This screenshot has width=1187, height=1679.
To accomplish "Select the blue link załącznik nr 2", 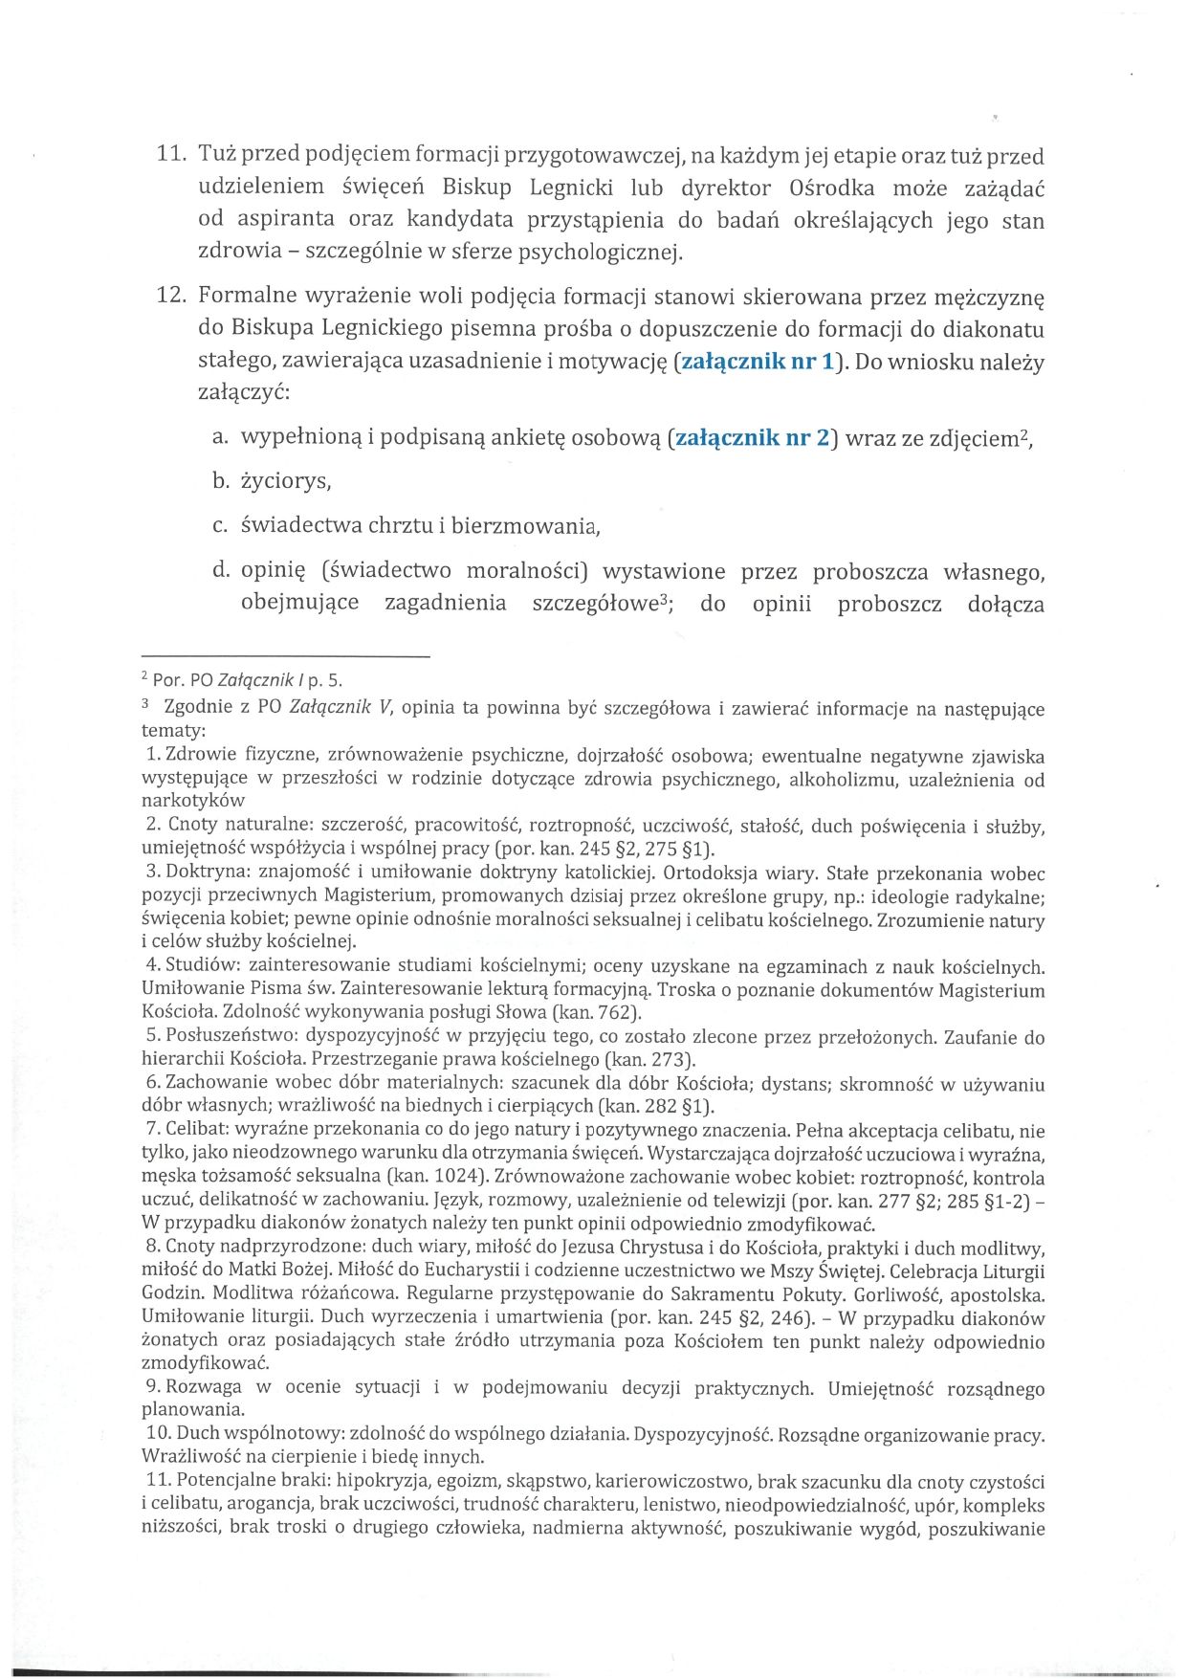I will pyautogui.click(x=753, y=439).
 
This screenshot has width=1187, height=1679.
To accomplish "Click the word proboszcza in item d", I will pyautogui.click(x=870, y=572).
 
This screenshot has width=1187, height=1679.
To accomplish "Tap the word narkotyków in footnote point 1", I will pyautogui.click(x=193, y=801).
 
